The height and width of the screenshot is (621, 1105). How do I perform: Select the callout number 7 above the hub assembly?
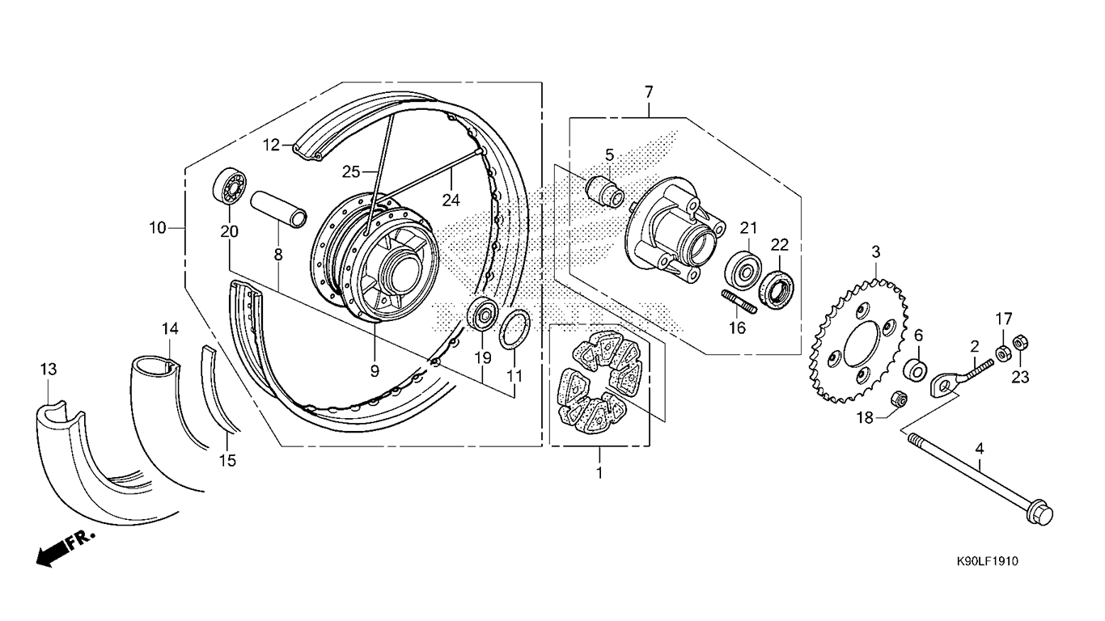pyautogui.click(x=649, y=91)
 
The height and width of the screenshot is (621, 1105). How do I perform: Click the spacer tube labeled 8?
pyautogui.click(x=278, y=209)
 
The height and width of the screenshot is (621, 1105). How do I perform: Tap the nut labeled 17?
pyautogui.click(x=1002, y=353)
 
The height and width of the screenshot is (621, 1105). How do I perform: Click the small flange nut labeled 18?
pyautogui.click(x=899, y=399)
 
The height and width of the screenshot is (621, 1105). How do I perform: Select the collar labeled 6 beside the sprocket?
pyautogui.click(x=915, y=370)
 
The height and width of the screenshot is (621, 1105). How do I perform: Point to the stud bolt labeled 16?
pyautogui.click(x=739, y=302)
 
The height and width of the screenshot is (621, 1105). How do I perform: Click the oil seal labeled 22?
pyautogui.click(x=776, y=289)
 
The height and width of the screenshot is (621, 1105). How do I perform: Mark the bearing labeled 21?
pyautogui.click(x=743, y=270)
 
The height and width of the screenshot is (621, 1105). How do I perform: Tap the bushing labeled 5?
pyautogui.click(x=605, y=192)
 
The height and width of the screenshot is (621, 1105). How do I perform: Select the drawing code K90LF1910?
pyautogui.click(x=987, y=561)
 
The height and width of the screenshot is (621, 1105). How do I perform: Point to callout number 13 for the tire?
pyautogui.click(x=49, y=369)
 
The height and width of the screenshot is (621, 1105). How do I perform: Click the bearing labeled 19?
pyautogui.click(x=481, y=315)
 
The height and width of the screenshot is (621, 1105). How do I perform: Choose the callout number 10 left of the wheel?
pyautogui.click(x=158, y=228)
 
